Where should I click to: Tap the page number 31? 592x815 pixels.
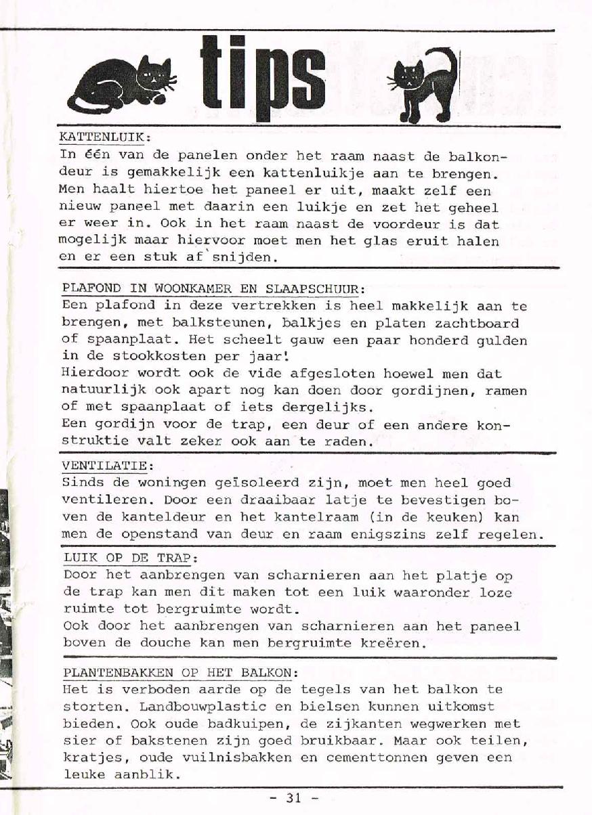pyautogui.click(x=293, y=797)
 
